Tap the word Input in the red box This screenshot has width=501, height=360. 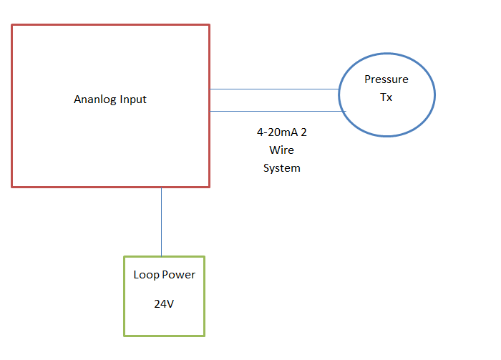134,99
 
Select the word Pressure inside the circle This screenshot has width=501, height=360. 386,79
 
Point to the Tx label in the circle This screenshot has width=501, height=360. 386,97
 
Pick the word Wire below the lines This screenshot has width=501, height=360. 282,150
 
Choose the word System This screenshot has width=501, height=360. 282,168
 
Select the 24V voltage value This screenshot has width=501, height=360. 164,303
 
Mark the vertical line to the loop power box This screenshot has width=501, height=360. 161,222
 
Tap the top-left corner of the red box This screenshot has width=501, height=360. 11,25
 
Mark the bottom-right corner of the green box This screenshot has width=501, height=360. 204,335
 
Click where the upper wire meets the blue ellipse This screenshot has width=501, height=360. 339,89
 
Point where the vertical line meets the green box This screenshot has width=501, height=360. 161,256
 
